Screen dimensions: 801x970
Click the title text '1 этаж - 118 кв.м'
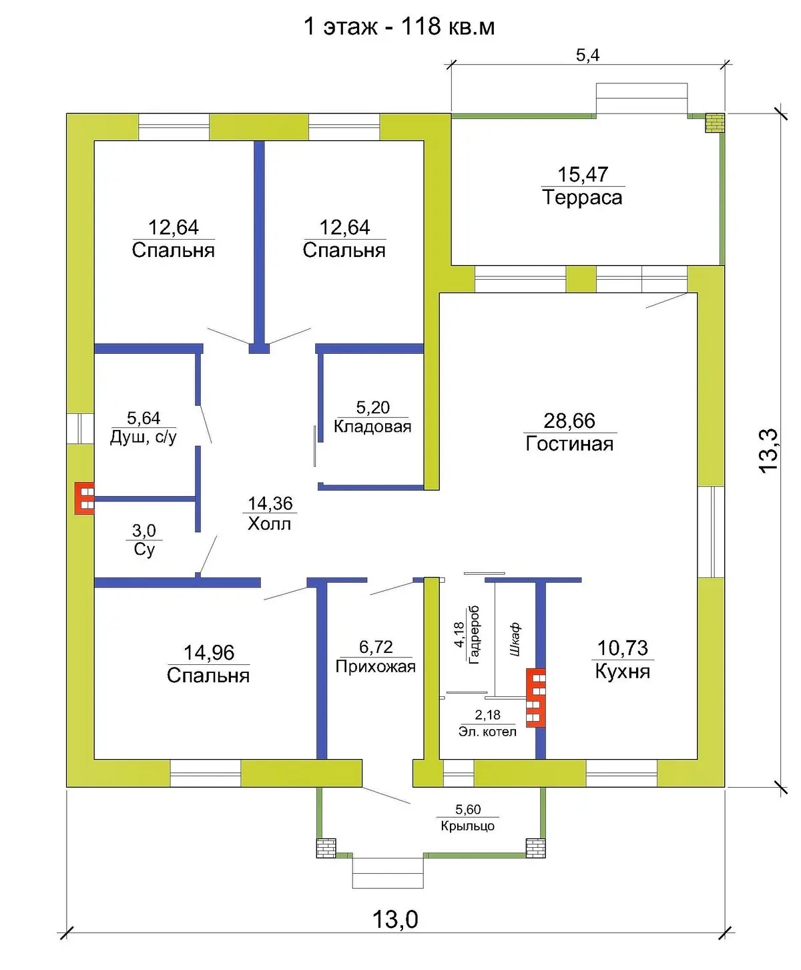pos(399,27)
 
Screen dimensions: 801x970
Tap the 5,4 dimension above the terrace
pos(588,55)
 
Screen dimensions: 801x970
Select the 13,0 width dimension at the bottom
pos(395,919)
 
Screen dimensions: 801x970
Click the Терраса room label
pos(582,197)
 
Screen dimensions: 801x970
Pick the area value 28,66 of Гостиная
pos(569,421)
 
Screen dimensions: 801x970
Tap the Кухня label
pos(623,671)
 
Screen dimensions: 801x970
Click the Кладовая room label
pos(372,426)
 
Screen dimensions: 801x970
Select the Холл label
pos(270,523)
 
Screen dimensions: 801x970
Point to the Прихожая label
pos(375,666)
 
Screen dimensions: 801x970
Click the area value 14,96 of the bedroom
pos(209,652)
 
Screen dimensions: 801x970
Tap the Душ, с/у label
pos(144,437)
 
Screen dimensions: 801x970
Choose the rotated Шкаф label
pos(515,640)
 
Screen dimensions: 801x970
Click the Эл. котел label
pos(487,732)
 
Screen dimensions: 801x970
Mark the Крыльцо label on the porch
pos(467,826)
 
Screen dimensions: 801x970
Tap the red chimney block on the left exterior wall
pos(85,499)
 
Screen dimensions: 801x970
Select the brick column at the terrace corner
pos(715,123)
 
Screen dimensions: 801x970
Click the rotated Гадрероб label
pos(473,635)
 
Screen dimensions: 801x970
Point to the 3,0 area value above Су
pos(144,530)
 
